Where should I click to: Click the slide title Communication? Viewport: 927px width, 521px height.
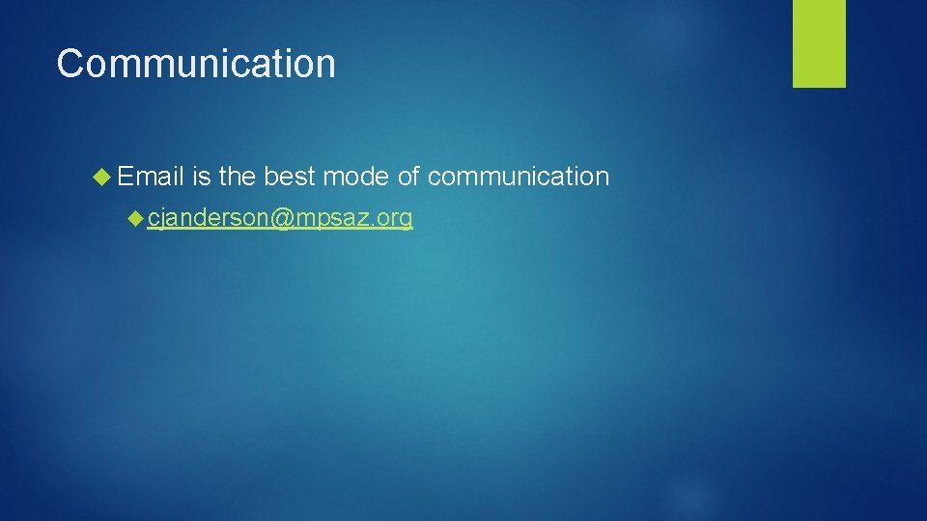coord(196,64)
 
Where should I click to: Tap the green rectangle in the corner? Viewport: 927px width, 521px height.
coord(819,42)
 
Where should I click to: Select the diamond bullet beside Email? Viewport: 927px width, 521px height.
coord(103,177)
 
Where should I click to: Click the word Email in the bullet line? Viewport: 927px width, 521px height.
coord(152,177)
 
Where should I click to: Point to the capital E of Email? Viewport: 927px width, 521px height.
coord(126,177)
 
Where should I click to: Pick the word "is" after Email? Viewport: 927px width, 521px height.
coord(201,177)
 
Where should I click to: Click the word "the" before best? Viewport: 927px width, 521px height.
coord(237,177)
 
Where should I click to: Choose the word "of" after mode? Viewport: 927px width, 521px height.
coord(407,177)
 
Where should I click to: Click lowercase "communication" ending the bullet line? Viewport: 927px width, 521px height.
coord(518,177)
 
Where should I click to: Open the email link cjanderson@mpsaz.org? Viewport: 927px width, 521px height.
coord(280,220)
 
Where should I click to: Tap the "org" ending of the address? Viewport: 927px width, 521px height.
coord(396,220)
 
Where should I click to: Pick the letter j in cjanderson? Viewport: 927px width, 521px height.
coord(163,220)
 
